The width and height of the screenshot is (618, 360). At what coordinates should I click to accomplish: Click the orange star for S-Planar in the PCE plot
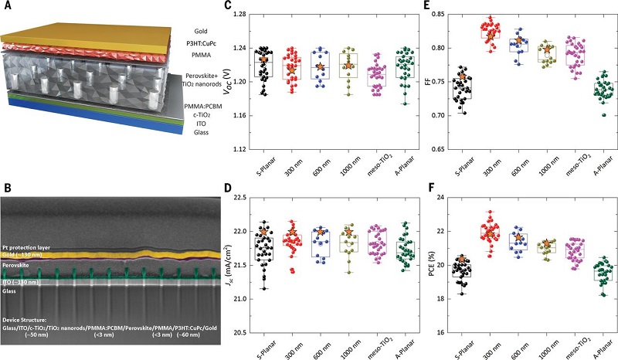click(462, 259)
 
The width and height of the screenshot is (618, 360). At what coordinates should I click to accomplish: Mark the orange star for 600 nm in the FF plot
click(520, 42)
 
